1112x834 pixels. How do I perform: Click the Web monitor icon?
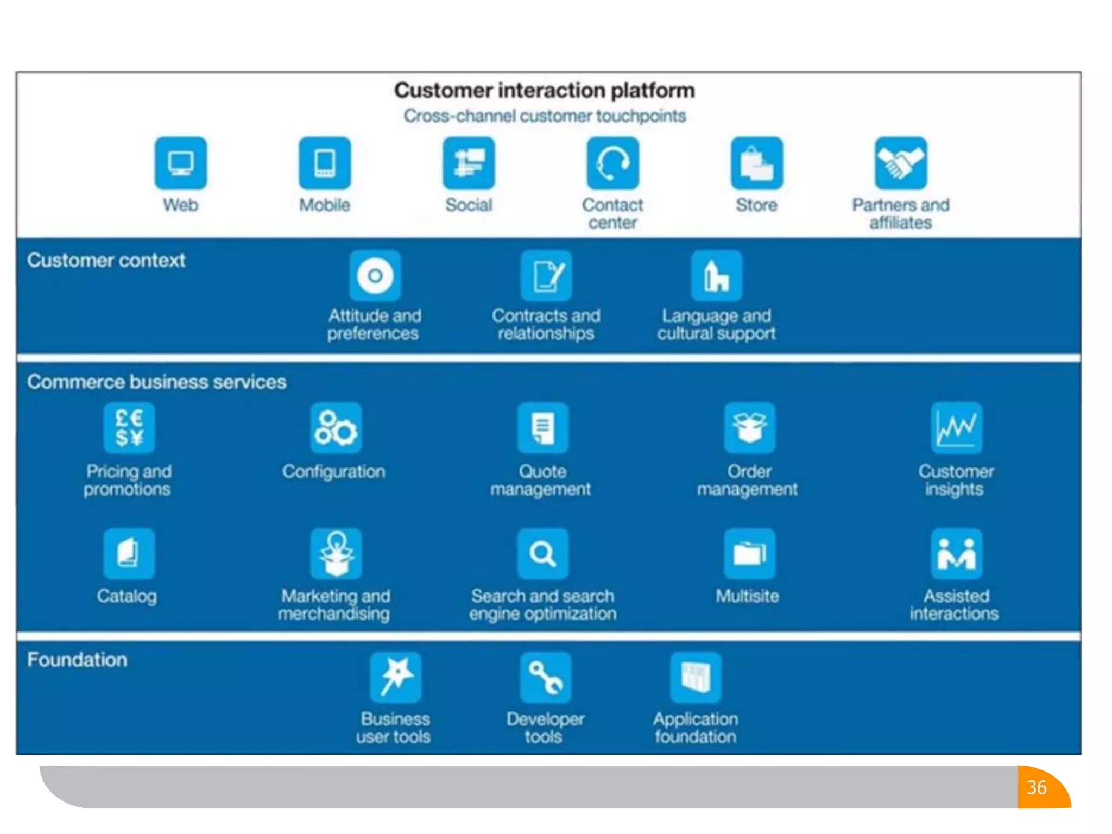pos(181,163)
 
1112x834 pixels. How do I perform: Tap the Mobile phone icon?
pos(325,163)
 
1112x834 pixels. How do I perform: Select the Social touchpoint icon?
pos(469,163)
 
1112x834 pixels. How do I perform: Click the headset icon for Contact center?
pos(613,163)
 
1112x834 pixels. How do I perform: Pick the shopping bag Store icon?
pos(757,163)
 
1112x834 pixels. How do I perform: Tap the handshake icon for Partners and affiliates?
pos(901,163)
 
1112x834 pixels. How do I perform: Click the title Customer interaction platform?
pos(545,90)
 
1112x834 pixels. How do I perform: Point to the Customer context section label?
pos(106,261)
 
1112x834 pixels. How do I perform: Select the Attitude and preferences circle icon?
pos(375,276)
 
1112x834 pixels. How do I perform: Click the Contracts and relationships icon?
pos(546,276)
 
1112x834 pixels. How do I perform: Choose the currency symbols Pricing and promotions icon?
pos(129,428)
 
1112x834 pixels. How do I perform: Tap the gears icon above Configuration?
pos(336,428)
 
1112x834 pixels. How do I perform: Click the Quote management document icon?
pos(543,428)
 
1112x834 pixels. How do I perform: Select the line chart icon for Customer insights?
pos(956,428)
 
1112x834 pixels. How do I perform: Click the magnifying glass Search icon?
pos(543,554)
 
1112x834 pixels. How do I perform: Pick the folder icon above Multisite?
pos(750,554)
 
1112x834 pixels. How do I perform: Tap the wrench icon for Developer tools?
pos(546,678)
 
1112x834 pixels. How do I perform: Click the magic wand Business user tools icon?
pos(396,678)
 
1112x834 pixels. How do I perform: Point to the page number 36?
pos(1037,787)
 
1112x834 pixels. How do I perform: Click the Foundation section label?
pos(77,660)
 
